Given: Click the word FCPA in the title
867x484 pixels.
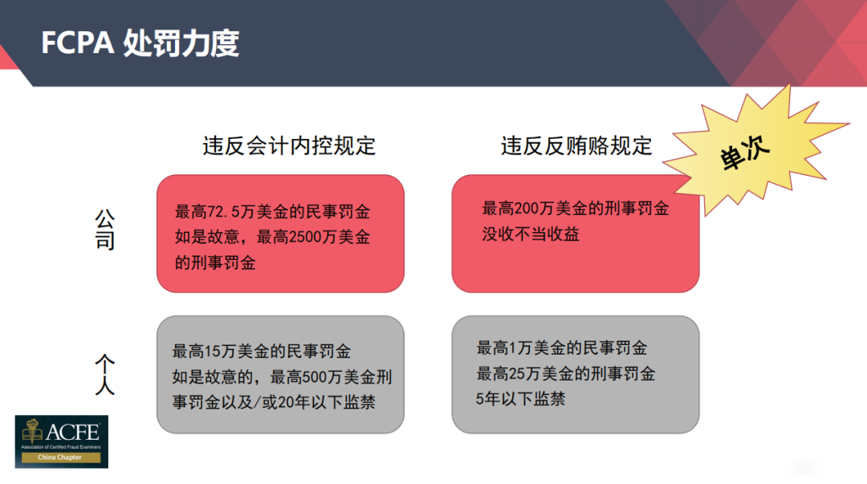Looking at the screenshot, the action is [77, 43].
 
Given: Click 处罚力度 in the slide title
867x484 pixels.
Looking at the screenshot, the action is [181, 43].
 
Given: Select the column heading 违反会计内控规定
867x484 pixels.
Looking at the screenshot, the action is [289, 146].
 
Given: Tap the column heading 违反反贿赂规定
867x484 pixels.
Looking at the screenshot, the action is [576, 146].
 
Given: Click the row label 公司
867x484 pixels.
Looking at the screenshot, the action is [105, 230].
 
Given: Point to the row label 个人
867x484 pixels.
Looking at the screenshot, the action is [105, 375].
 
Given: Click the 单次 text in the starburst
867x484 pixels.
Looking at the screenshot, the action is [744, 153].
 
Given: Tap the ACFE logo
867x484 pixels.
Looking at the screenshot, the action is [61, 441].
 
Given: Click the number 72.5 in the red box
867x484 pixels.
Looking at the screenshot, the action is [223, 212].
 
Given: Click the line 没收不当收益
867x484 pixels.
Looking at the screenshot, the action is [531, 234].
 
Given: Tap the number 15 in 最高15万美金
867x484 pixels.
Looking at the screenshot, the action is [213, 352].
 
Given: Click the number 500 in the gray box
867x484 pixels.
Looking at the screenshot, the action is [315, 377].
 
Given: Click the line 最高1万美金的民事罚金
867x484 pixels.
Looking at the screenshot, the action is [562, 348].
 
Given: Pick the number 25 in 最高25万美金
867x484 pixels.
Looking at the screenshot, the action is [516, 374].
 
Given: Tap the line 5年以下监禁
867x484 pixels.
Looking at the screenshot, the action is [520, 399].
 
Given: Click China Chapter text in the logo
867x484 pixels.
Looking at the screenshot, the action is [59, 458].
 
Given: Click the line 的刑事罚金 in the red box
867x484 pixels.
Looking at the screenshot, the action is [216, 262].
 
